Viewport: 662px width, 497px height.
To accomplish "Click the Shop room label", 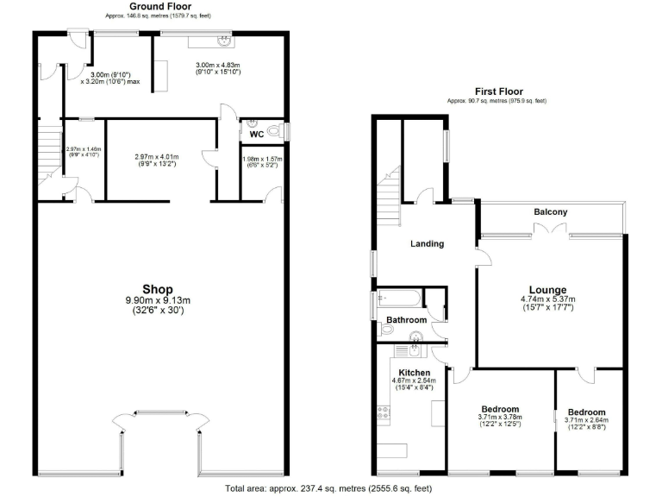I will click(158, 289).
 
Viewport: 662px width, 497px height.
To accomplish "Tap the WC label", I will click(256, 134).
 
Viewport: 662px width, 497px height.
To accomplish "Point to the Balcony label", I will click(550, 212).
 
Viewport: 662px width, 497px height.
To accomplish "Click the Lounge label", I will click(547, 290).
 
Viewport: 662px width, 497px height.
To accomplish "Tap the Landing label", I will click(427, 243).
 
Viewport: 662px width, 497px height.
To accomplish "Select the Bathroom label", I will click(406, 320).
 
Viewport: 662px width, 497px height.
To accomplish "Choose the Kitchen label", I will click(415, 373).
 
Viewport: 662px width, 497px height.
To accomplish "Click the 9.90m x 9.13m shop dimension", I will click(158, 300).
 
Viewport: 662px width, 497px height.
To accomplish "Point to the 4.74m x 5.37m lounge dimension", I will click(547, 300).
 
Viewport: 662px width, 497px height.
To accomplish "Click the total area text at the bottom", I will click(328, 488).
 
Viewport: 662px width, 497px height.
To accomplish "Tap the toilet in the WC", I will click(274, 131).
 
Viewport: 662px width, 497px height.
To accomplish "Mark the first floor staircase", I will click(390, 194).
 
